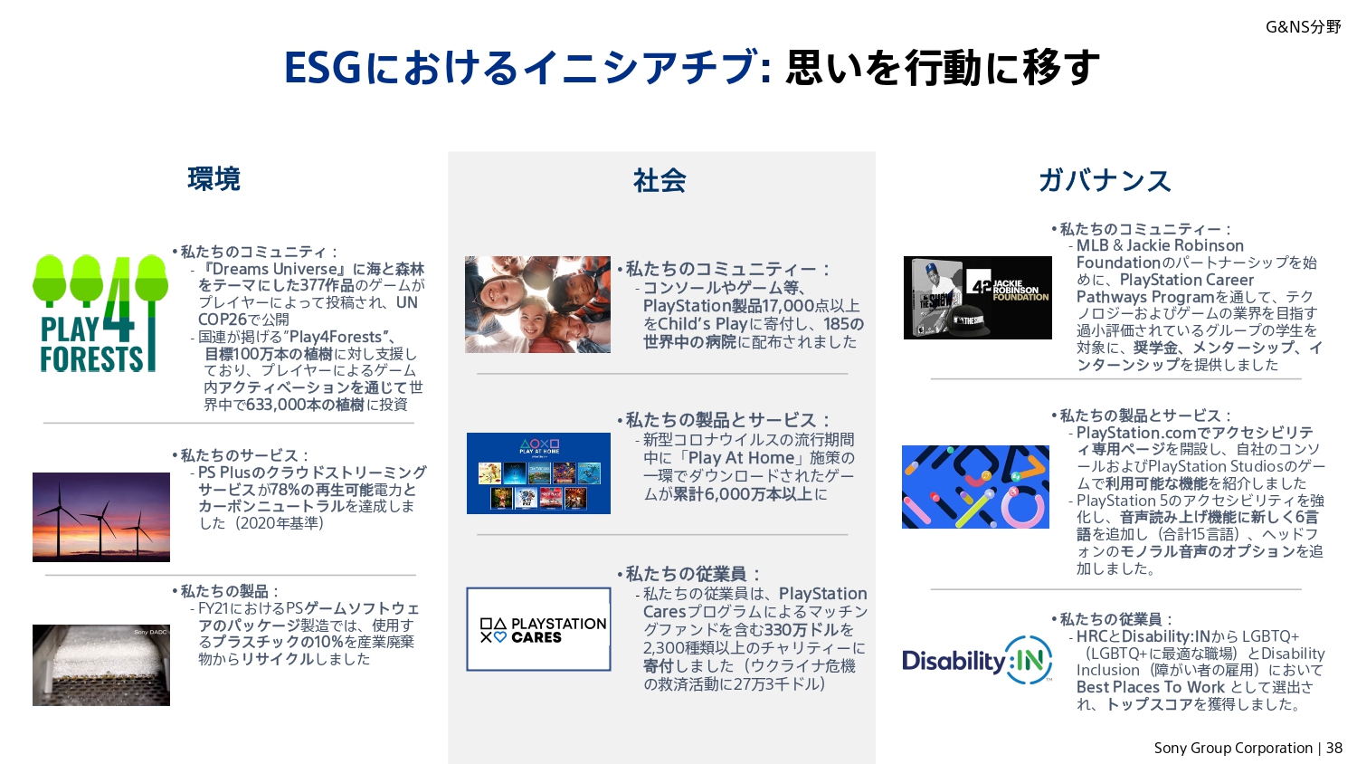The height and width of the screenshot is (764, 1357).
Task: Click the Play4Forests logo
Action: click(x=100, y=313)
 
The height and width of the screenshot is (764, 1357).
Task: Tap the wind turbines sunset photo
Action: click(x=101, y=517)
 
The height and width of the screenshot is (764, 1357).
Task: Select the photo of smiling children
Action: click(x=538, y=304)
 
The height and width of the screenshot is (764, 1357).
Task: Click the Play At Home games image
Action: click(x=538, y=473)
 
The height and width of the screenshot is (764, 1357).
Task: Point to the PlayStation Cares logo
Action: click(x=538, y=629)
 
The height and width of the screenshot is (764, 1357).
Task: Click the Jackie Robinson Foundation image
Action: click(x=978, y=298)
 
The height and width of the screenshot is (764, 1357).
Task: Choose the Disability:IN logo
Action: click(x=977, y=660)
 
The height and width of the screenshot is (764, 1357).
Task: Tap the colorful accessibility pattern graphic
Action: click(x=975, y=487)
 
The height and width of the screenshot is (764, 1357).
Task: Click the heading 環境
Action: click(x=214, y=179)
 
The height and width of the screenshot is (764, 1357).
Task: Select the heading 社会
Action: click(x=660, y=181)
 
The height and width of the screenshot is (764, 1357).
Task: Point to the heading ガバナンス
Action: click(x=1105, y=181)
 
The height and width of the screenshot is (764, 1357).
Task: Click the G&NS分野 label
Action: click(x=1303, y=27)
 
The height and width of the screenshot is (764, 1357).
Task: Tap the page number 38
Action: click(x=1334, y=749)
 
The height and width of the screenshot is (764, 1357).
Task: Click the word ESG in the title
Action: click(x=323, y=67)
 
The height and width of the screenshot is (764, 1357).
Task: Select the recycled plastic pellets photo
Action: click(x=101, y=665)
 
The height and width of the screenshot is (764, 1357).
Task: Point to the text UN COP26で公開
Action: click(x=308, y=310)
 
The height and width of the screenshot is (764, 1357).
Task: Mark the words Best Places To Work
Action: click(x=1151, y=687)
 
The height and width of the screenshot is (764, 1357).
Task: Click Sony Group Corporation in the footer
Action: click(x=1233, y=749)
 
